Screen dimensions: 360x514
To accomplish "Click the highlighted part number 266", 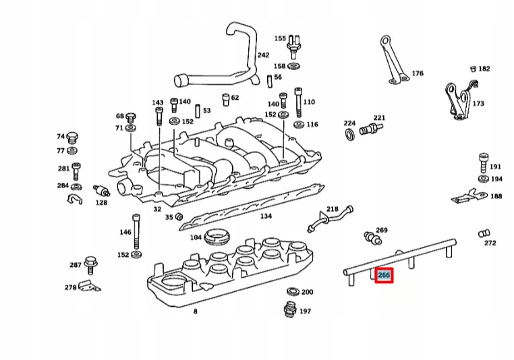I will [x=384, y=275].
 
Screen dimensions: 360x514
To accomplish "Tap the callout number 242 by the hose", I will [x=263, y=55].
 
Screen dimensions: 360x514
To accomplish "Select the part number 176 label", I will [x=418, y=73].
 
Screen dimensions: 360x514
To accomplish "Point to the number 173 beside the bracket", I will [x=478, y=104].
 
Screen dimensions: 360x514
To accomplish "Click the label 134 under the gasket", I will [x=266, y=216].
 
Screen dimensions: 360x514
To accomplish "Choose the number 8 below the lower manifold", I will [x=196, y=311].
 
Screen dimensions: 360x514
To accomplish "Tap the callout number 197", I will [x=306, y=311].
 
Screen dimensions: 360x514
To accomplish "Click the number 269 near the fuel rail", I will [x=381, y=231].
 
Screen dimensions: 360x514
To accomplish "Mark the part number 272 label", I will [x=490, y=243].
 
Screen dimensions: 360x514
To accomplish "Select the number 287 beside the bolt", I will [x=76, y=265].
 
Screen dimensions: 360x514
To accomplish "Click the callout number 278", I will [x=70, y=288].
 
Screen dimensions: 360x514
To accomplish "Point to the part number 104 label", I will [x=196, y=238].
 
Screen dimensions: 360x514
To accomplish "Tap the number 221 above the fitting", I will [x=379, y=118].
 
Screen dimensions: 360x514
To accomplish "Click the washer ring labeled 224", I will [x=349, y=138].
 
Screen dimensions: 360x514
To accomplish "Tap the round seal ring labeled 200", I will [x=293, y=292].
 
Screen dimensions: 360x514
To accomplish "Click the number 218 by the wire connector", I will [x=332, y=210].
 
